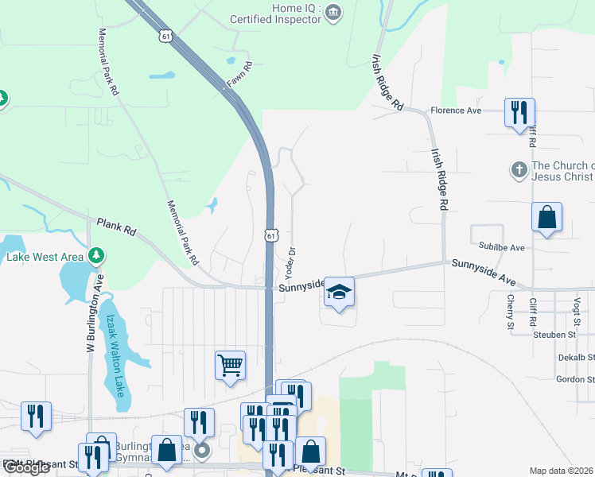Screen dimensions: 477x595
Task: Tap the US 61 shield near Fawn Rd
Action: pos(165,36)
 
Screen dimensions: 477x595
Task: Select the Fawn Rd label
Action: pos(239,76)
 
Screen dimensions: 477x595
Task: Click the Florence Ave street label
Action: pos(457,111)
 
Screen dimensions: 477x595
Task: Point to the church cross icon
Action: pos(518,170)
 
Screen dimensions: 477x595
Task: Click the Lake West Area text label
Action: pos(45,257)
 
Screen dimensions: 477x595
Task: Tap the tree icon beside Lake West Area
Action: pos(96,255)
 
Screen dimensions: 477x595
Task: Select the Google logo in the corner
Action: pos(26,467)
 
